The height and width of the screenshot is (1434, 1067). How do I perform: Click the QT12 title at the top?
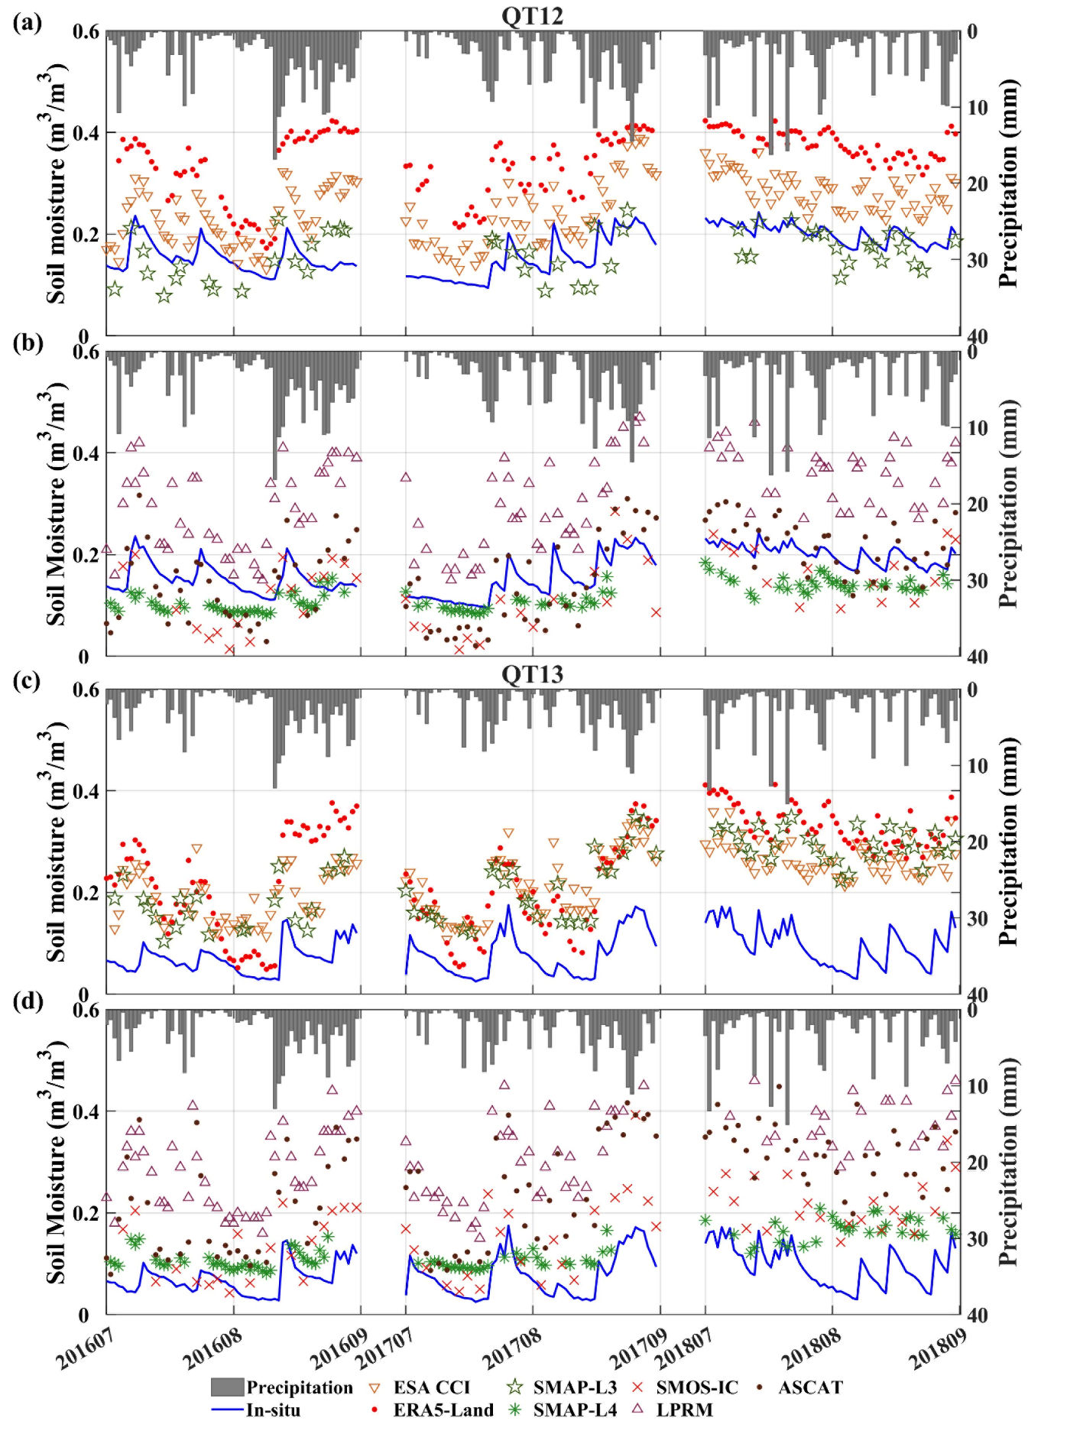[x=533, y=15]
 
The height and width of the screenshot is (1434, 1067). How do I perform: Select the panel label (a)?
[x=28, y=23]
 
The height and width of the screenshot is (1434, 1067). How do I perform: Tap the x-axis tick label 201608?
[x=212, y=1351]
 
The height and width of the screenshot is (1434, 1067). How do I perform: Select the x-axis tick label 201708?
[x=511, y=1351]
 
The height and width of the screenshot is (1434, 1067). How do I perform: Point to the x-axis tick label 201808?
[x=810, y=1351]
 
